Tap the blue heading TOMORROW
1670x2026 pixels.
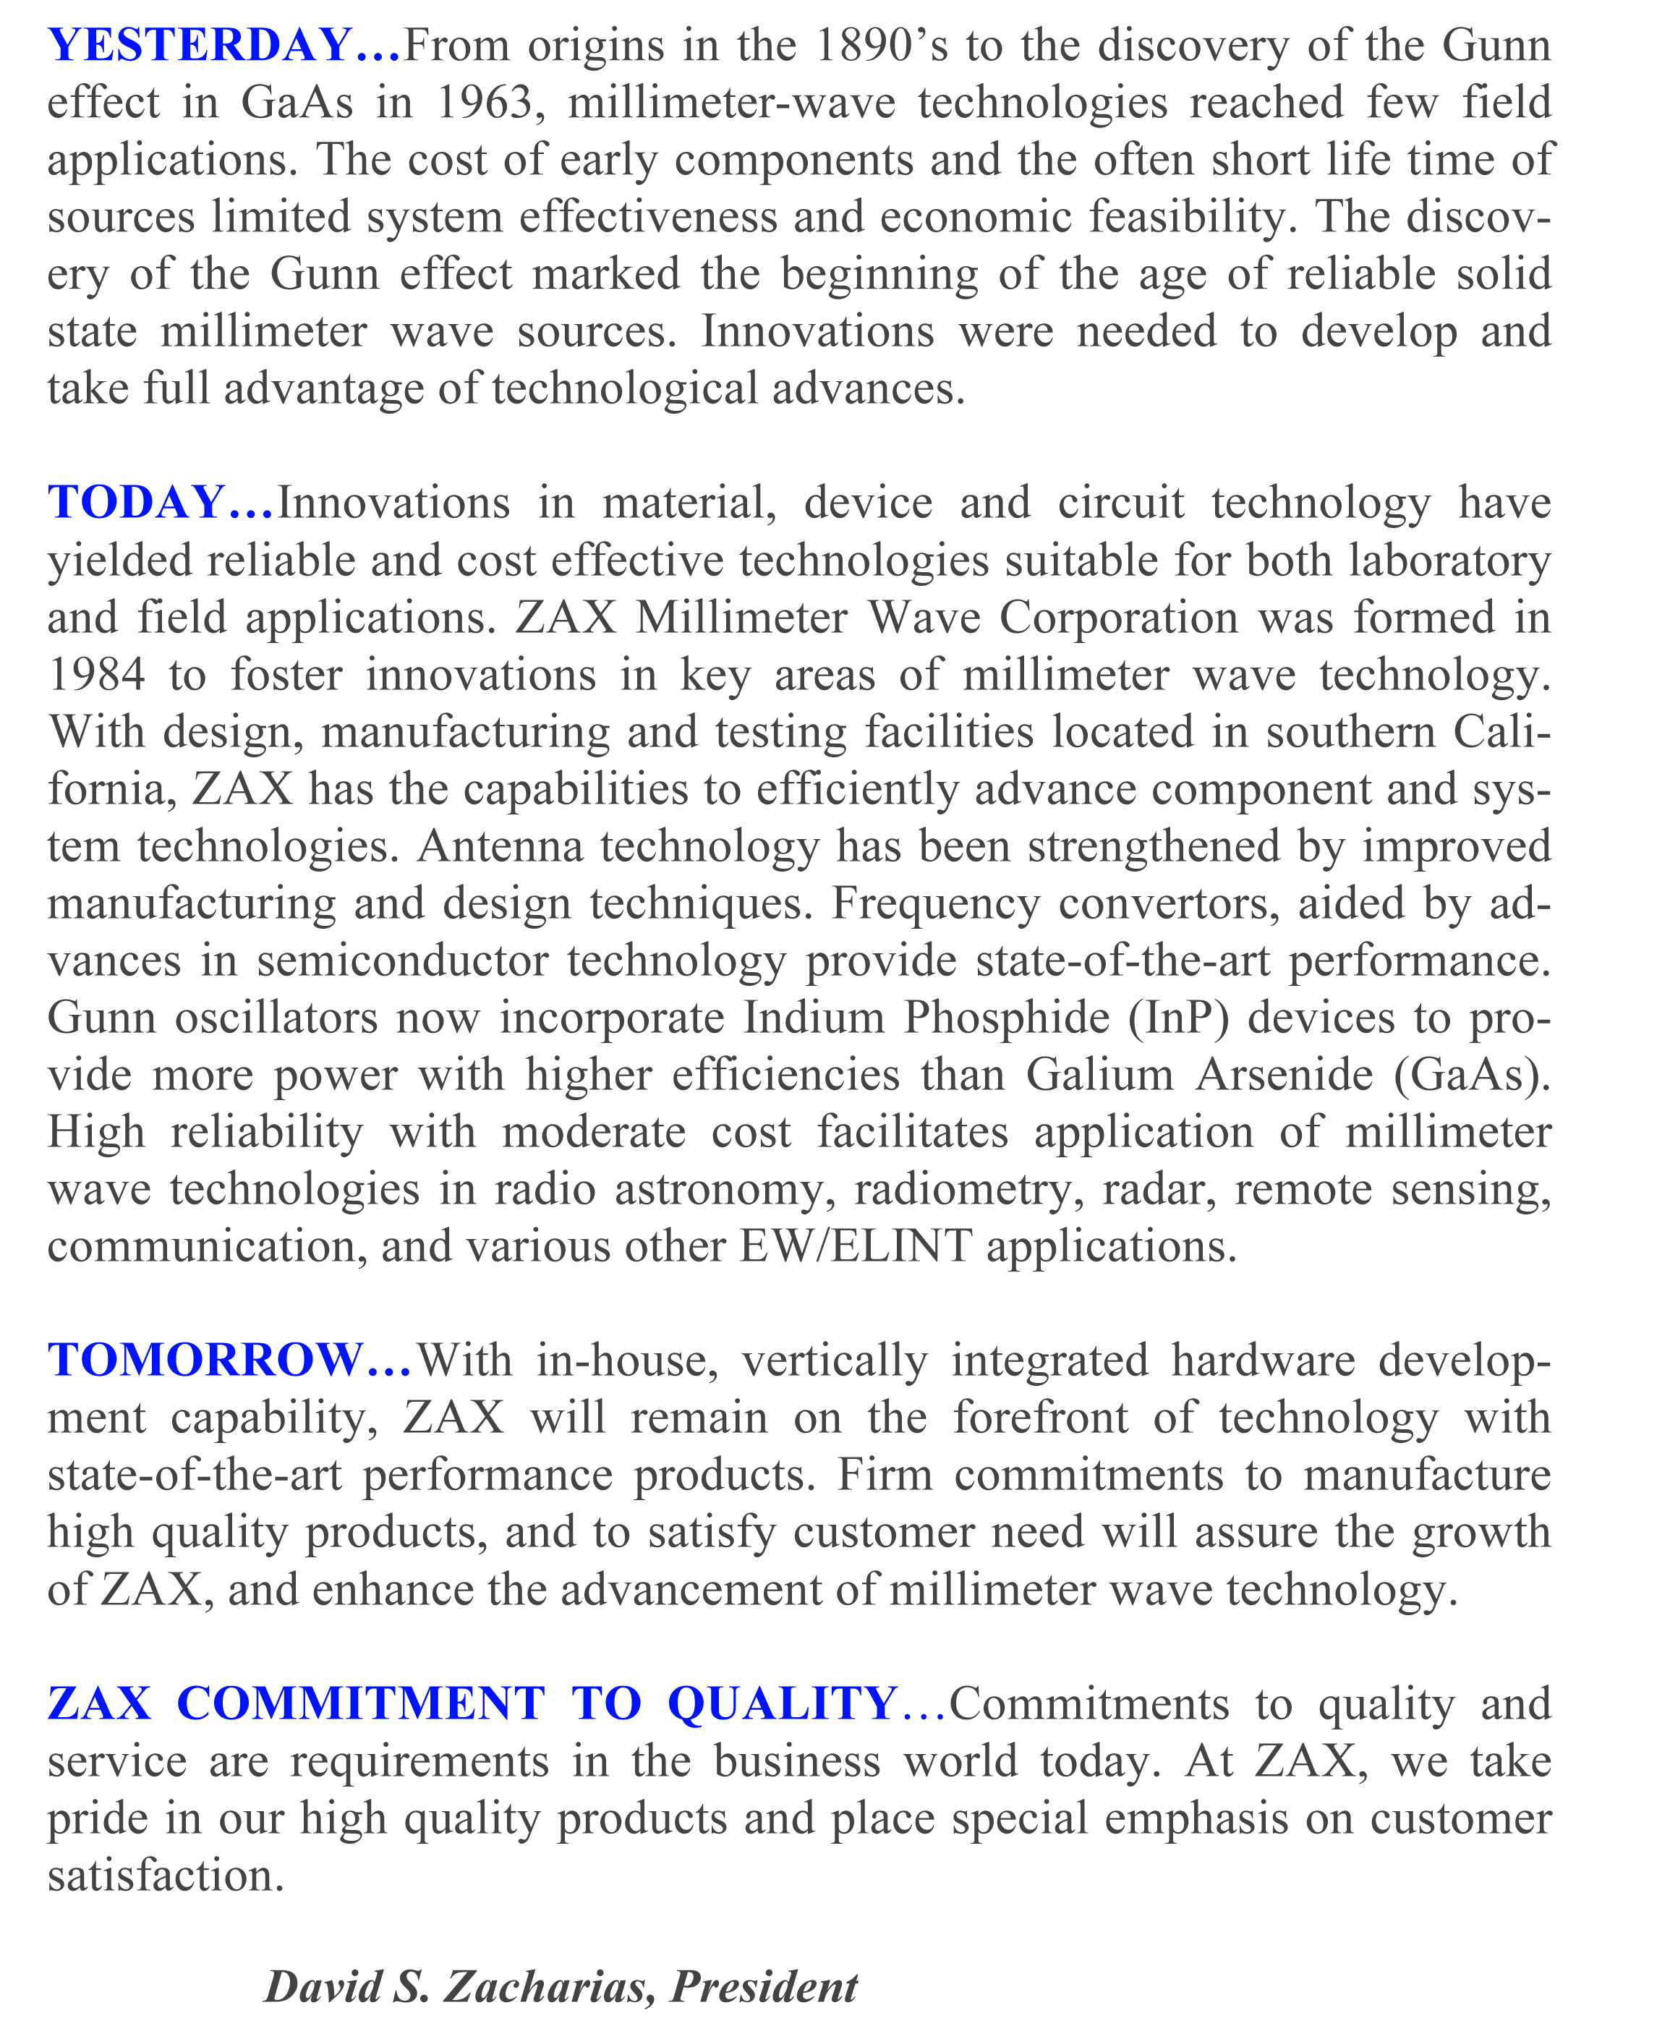click(x=205, y=1359)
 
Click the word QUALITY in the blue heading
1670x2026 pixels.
click(x=782, y=1703)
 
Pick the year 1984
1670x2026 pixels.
click(x=96, y=674)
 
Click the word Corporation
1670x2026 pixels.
click(x=1119, y=617)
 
